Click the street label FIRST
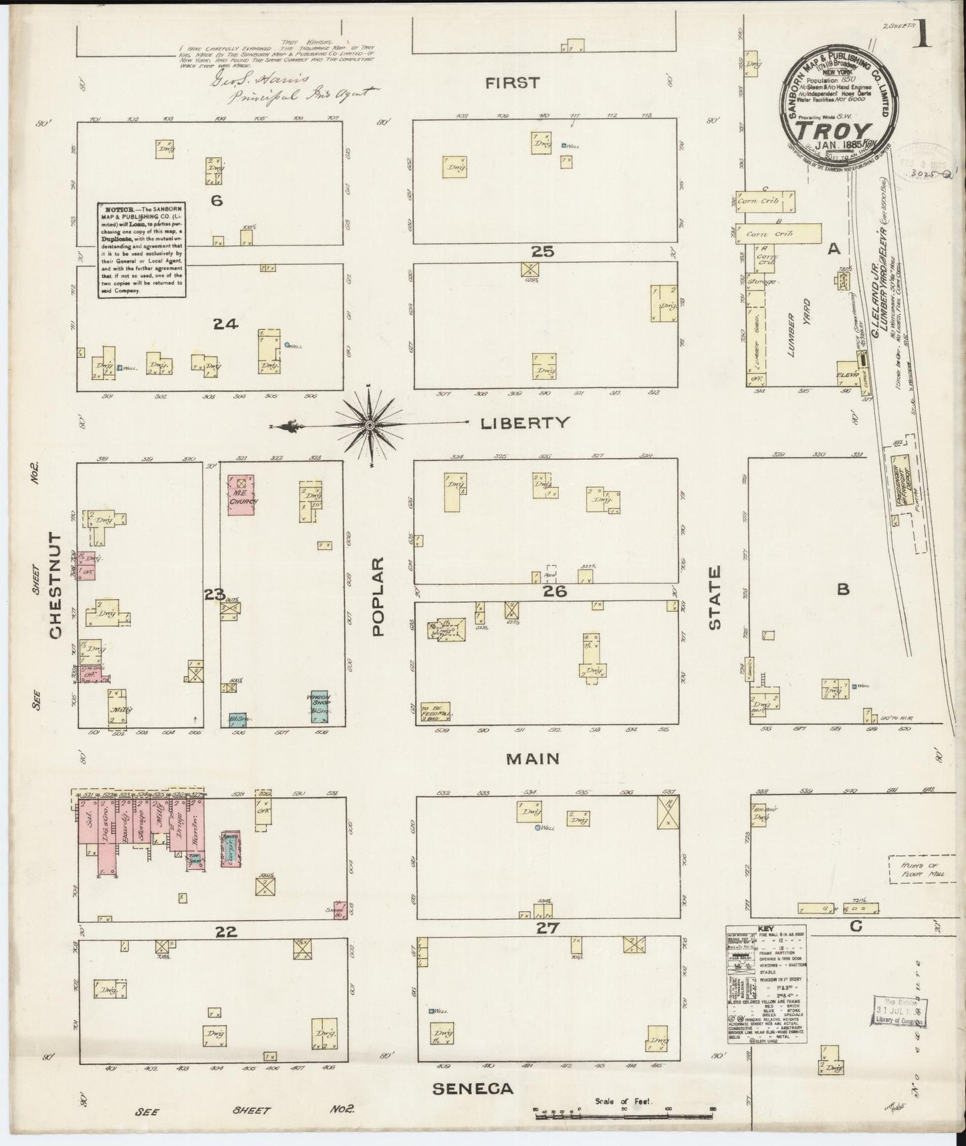click(512, 83)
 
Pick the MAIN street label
click(532, 759)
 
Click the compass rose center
click(369, 425)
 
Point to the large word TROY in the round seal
click(840, 129)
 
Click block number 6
click(216, 201)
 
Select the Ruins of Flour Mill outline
click(920, 872)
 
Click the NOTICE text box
click(141, 249)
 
